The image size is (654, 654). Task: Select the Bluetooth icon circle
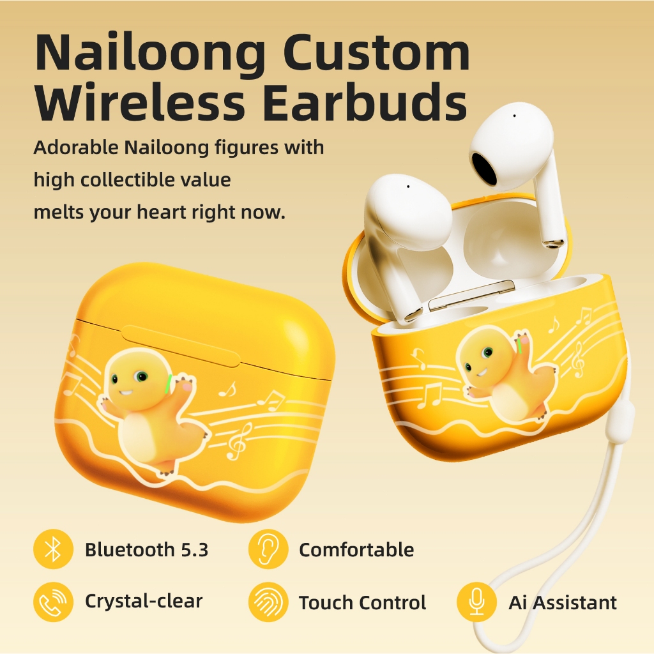click(x=54, y=549)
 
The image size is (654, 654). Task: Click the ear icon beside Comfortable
click(x=268, y=549)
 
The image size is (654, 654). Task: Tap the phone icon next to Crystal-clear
click(x=54, y=602)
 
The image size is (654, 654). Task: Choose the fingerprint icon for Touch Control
click(x=268, y=602)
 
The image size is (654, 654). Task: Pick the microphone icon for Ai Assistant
click(x=476, y=602)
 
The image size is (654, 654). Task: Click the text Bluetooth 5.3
click(x=146, y=549)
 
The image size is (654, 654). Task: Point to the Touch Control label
click(x=363, y=602)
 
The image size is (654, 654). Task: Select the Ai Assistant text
click(x=563, y=602)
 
